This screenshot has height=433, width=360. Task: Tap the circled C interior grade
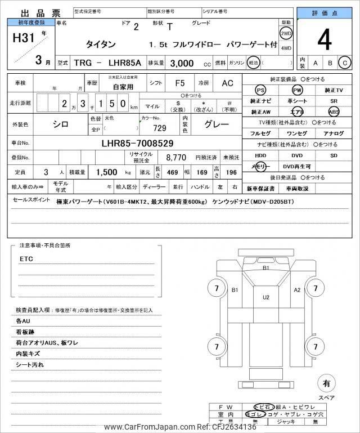pyautogui.click(x=345, y=64)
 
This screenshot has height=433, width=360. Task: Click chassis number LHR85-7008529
pyautogui.click(x=137, y=143)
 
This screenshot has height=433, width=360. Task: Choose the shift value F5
pyautogui.click(x=179, y=83)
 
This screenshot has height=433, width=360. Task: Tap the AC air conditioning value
pyautogui.click(x=227, y=83)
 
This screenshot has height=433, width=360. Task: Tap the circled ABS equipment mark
pyautogui.click(x=334, y=111)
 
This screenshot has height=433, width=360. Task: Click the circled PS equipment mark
pyautogui.click(x=260, y=91)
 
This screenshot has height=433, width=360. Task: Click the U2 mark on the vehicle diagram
pyautogui.click(x=266, y=297)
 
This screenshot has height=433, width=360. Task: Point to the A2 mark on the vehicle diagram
pyautogui.click(x=298, y=290)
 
